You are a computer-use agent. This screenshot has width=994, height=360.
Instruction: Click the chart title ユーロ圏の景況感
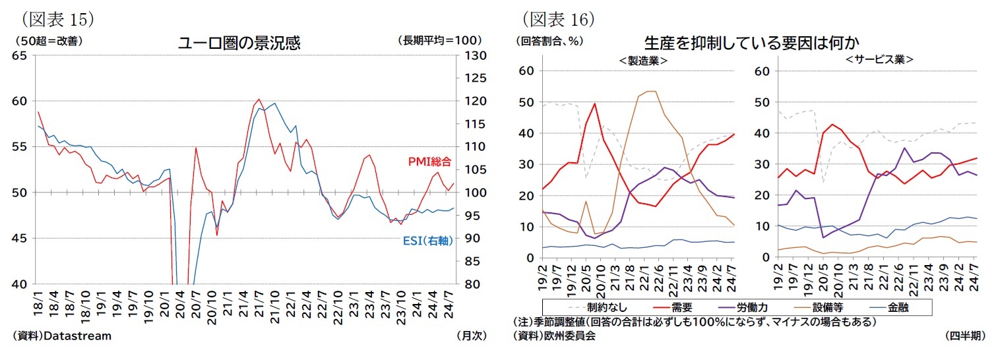(x=239, y=44)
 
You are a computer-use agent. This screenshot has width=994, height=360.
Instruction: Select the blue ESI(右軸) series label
(x=428, y=241)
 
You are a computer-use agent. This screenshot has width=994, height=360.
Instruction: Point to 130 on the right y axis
(x=472, y=56)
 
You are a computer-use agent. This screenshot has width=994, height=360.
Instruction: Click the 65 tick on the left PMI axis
(x=20, y=56)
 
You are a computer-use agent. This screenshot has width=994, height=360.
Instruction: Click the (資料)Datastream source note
(x=62, y=336)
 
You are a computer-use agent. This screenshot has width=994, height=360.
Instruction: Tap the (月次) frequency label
(x=471, y=336)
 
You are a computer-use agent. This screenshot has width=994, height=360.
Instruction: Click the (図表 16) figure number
(x=559, y=17)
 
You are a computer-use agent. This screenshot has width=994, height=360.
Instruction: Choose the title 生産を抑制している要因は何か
(x=751, y=44)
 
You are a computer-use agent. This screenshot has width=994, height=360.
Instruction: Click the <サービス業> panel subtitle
(x=880, y=59)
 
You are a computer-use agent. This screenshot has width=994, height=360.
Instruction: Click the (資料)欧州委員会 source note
(x=554, y=336)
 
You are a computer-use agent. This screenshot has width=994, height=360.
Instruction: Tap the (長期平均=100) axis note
(x=439, y=40)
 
